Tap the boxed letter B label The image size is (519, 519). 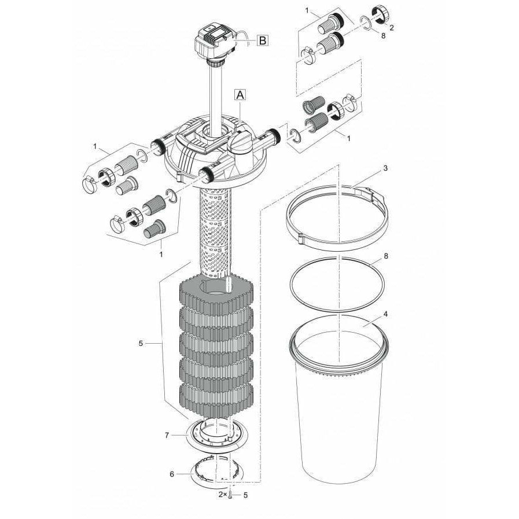click(262, 40)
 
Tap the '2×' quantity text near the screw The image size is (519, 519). click(222, 495)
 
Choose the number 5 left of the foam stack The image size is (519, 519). click(141, 343)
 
